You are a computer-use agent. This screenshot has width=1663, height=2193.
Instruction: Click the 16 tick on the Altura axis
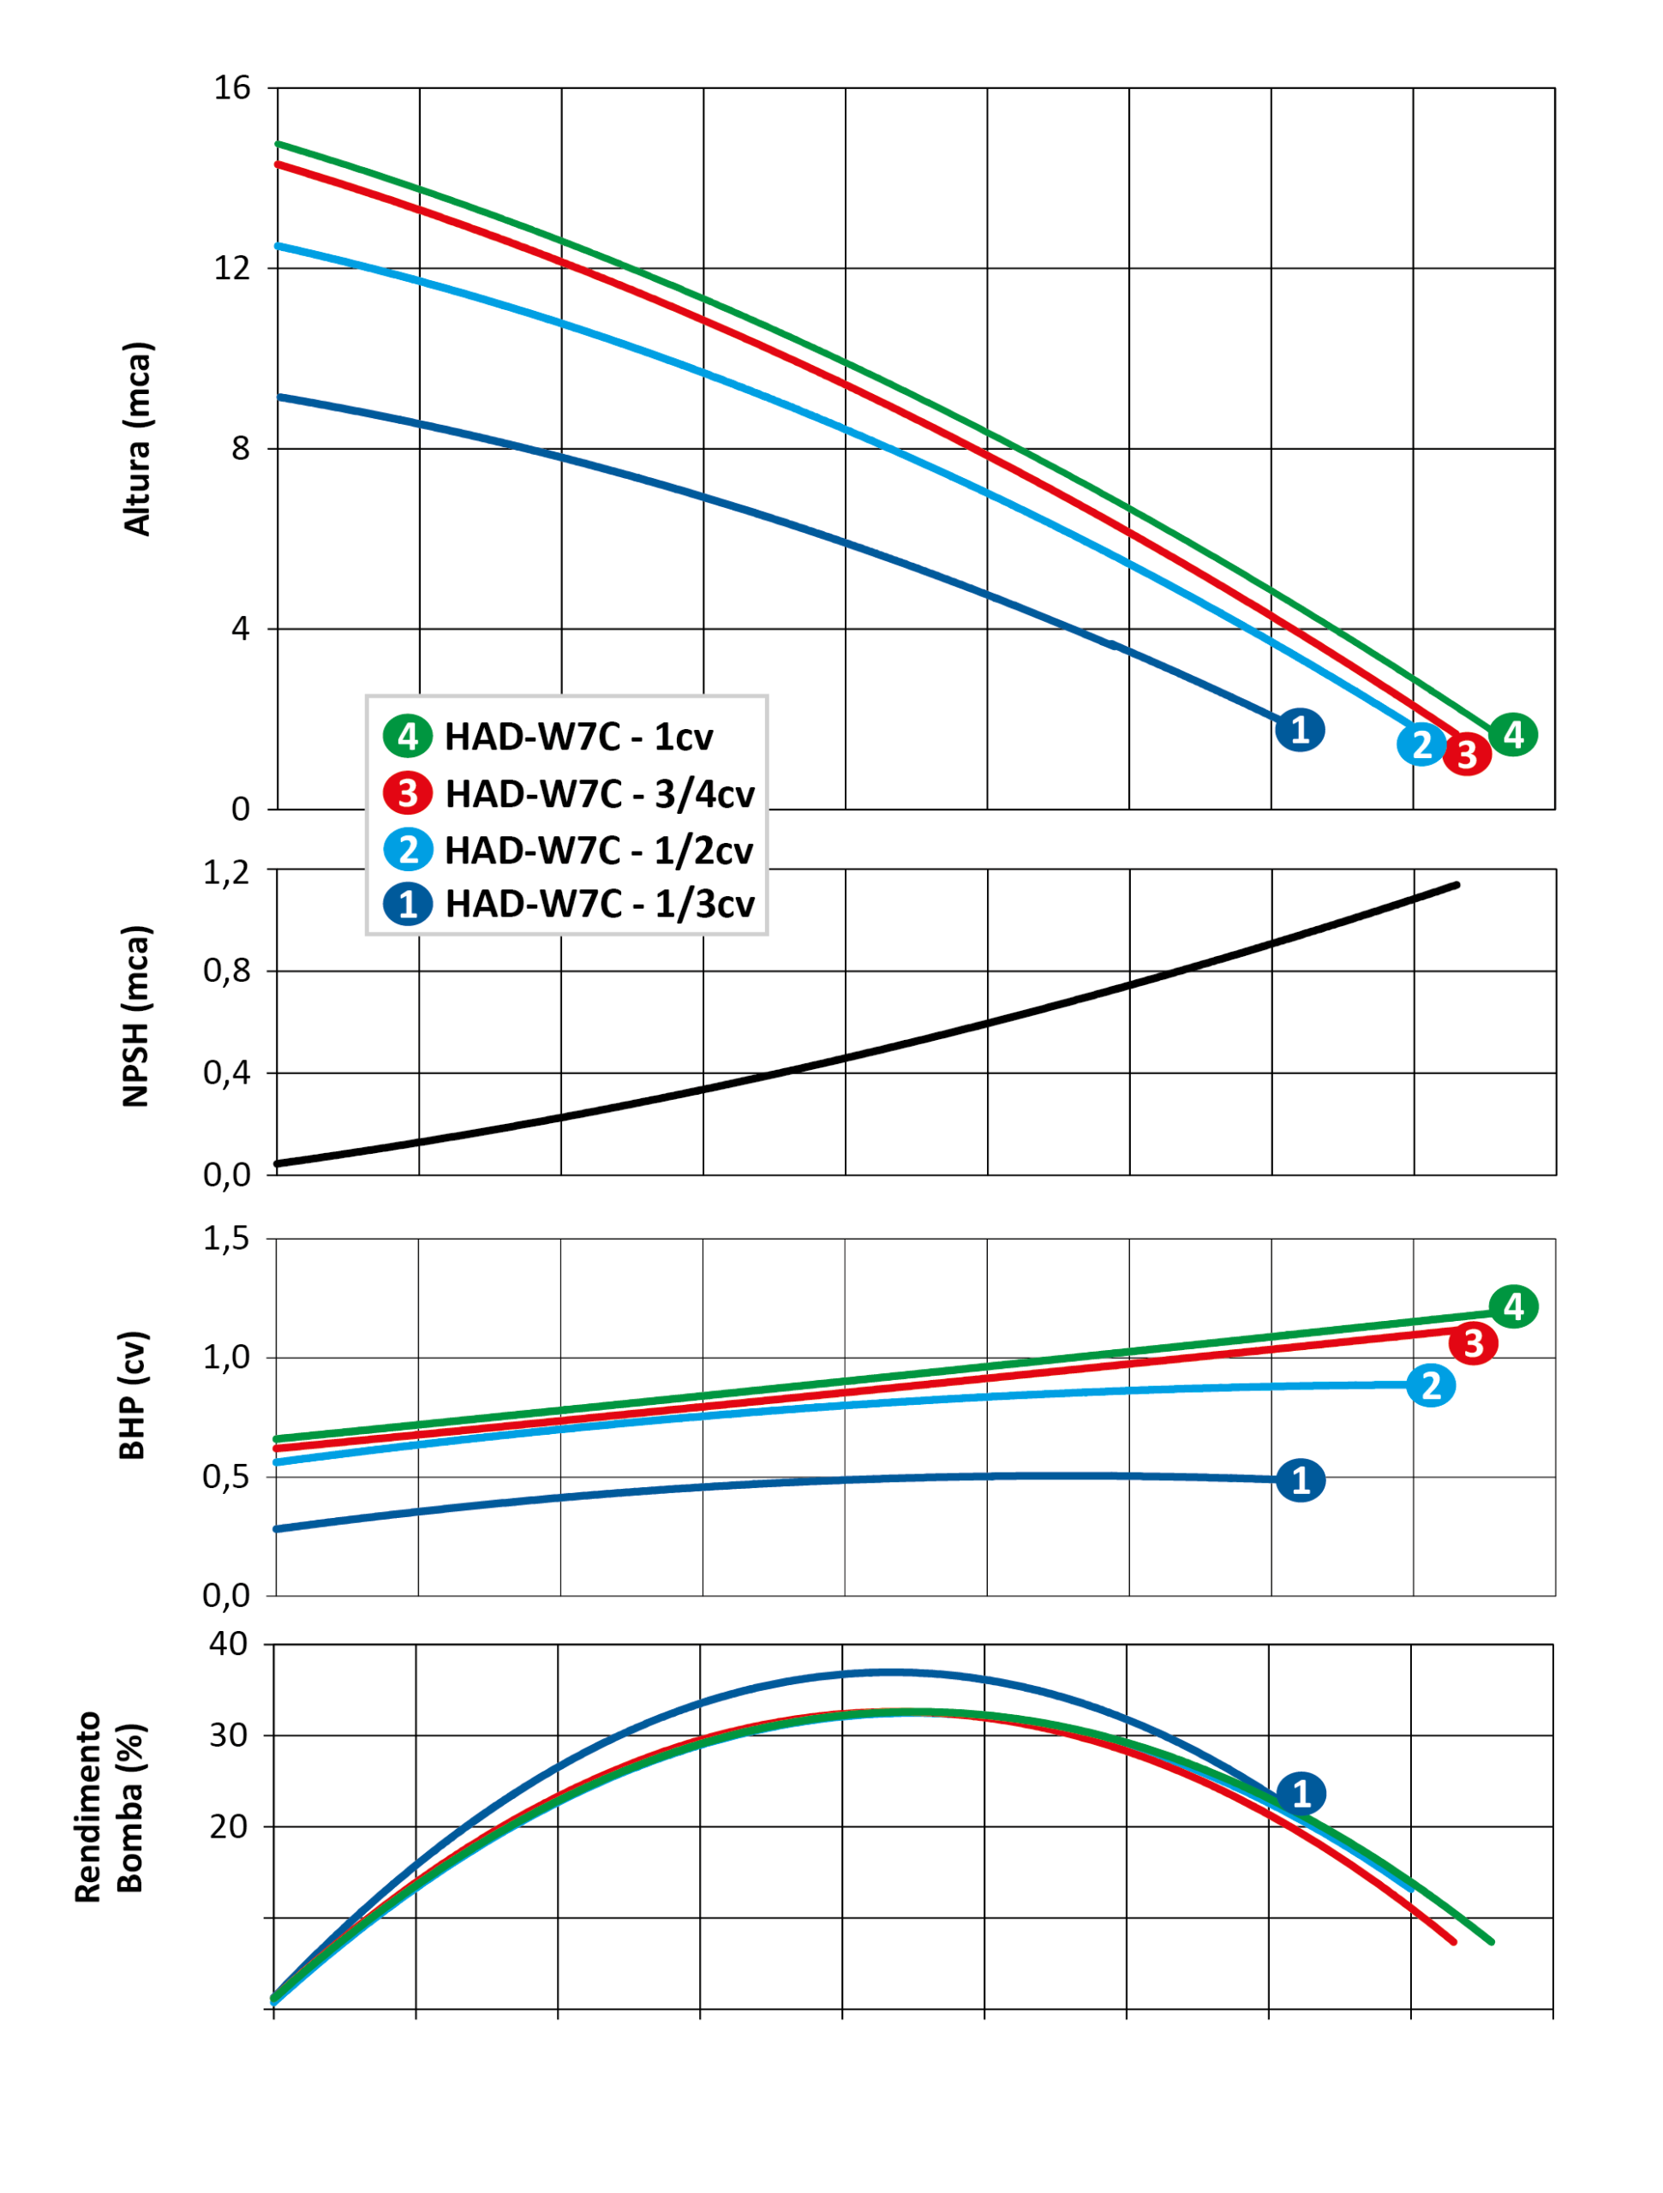(x=232, y=88)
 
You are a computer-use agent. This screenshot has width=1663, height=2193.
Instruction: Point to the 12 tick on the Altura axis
(x=232, y=267)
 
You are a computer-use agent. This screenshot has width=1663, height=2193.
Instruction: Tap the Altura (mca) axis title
(x=137, y=439)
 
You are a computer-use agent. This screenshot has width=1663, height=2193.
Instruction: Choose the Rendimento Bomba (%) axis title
(x=109, y=1808)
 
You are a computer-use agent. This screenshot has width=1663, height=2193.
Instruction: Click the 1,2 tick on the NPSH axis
(x=226, y=872)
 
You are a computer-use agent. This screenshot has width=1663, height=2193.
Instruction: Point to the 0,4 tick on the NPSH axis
(x=226, y=1073)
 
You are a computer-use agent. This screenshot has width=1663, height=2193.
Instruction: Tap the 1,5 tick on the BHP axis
(x=226, y=1240)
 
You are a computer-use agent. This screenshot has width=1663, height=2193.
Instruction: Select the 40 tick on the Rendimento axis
(x=228, y=1644)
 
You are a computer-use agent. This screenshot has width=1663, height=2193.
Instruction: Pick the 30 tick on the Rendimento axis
(x=228, y=1735)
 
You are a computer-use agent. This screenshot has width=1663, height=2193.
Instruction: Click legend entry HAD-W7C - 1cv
(x=578, y=737)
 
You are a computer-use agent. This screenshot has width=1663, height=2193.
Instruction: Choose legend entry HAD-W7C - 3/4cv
(x=599, y=794)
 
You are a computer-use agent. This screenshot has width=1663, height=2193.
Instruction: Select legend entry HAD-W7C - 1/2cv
(x=598, y=851)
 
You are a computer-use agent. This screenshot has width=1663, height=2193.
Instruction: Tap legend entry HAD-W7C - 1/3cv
(x=599, y=904)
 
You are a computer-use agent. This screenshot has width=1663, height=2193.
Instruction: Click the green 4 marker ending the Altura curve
(x=1513, y=735)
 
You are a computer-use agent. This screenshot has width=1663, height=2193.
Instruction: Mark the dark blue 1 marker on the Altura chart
(x=1300, y=730)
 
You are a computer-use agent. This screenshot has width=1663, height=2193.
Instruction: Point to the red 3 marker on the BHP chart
(x=1473, y=1343)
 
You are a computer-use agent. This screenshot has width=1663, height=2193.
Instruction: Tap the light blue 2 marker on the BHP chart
(x=1431, y=1386)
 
